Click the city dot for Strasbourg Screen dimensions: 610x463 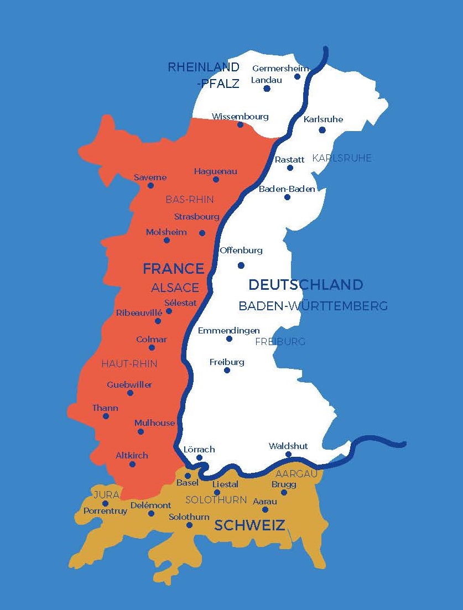point(202,233)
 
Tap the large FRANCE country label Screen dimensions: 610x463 point(174,269)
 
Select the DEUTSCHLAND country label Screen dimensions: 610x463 point(305,285)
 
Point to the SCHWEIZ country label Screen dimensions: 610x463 point(249,525)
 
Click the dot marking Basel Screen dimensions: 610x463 point(188,476)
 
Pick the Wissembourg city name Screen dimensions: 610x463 point(240,116)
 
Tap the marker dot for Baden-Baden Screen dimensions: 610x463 point(287,197)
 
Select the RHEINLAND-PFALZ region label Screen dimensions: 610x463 point(204,75)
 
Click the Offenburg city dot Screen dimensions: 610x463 point(241,265)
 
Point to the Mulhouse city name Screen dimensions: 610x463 point(154,423)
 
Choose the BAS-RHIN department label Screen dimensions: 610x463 point(190,200)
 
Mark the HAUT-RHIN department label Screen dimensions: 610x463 point(129,363)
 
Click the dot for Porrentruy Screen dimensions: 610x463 point(105,503)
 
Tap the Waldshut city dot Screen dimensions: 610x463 point(288,455)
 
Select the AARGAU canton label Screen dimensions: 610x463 point(296,474)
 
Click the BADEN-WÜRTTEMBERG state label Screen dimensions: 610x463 point(313,306)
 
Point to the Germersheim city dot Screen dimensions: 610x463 point(297,76)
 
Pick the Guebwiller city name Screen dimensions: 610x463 point(129,384)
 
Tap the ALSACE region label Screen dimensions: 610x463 point(175,288)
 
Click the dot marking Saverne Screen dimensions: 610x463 point(150,185)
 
